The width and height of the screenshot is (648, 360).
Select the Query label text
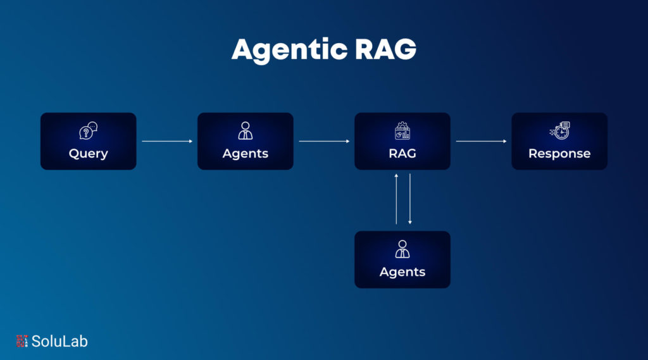pyautogui.click(x=89, y=154)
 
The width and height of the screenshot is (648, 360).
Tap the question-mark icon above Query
pyautogui.click(x=88, y=131)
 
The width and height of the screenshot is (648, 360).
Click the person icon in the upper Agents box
pyautogui.click(x=245, y=131)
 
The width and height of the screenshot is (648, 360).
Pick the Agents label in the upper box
pyautogui.click(x=246, y=154)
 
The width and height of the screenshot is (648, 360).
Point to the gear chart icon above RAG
pyautogui.click(x=402, y=131)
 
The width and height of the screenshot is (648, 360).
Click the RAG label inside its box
pyautogui.click(x=402, y=154)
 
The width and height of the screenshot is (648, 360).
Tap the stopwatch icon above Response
pyautogui.click(x=559, y=131)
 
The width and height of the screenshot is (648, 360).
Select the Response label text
pyautogui.click(x=559, y=154)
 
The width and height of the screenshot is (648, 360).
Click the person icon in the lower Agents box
pyautogui.click(x=402, y=249)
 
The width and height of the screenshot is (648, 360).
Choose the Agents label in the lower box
pyautogui.click(x=402, y=272)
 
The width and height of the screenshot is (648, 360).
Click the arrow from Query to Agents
pyautogui.click(x=167, y=142)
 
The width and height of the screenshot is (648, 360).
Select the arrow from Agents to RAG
pyautogui.click(x=324, y=142)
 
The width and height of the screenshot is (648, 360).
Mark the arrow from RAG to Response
pyautogui.click(x=481, y=142)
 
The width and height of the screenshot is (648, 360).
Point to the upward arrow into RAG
pyautogui.click(x=396, y=199)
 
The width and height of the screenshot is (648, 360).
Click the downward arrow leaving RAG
pyautogui.click(x=410, y=199)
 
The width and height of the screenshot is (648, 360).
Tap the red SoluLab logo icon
pyautogui.click(x=22, y=341)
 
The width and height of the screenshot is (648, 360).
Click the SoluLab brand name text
pyautogui.click(x=60, y=341)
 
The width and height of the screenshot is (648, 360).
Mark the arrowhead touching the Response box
pyautogui.click(x=505, y=142)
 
